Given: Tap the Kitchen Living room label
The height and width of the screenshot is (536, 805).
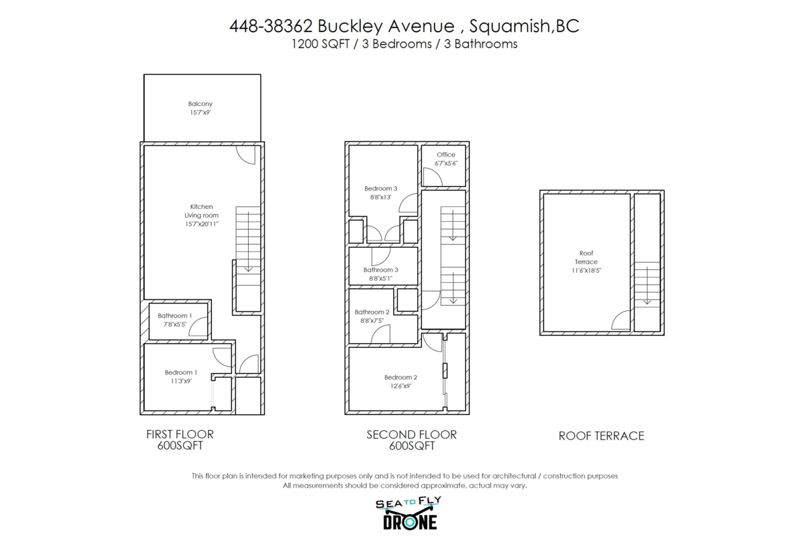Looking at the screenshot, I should point(201,215).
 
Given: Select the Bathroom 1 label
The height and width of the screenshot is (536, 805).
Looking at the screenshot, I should point(174,320).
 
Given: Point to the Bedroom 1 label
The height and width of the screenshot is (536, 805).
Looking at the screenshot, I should point(181,377).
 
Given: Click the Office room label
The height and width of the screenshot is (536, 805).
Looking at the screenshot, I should point(445,159).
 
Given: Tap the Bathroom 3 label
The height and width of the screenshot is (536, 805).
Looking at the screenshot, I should point(381,273).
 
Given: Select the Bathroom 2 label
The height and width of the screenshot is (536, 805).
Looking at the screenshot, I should point(372,316).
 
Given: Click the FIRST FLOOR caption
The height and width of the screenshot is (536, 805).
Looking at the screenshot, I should point(180,440).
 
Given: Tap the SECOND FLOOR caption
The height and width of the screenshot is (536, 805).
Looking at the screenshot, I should point(411,440).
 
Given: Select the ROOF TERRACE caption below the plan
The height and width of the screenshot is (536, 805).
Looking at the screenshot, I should point(601,436).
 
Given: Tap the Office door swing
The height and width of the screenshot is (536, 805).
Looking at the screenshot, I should point(433,177).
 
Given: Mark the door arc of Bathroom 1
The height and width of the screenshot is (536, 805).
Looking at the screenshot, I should point(199,327).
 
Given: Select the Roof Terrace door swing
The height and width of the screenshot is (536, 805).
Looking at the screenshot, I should point(622,321).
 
